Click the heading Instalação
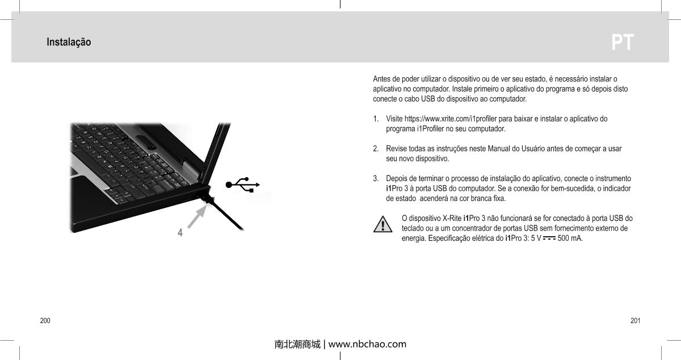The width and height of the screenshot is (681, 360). tap(69, 43)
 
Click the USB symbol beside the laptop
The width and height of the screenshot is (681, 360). tap(243, 185)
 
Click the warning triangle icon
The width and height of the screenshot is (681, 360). tap(383, 224)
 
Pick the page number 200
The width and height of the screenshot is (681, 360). tap(45, 321)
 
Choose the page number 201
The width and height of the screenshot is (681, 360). tap(635, 321)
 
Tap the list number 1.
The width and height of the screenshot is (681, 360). tap(376, 119)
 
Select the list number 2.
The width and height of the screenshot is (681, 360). tap(376, 149)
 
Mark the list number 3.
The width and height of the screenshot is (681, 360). tap(376, 179)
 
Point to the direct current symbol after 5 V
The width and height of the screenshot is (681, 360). tap(549, 238)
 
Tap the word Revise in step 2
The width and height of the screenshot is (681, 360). tap(396, 149)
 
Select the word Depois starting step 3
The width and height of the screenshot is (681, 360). tap(398, 179)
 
